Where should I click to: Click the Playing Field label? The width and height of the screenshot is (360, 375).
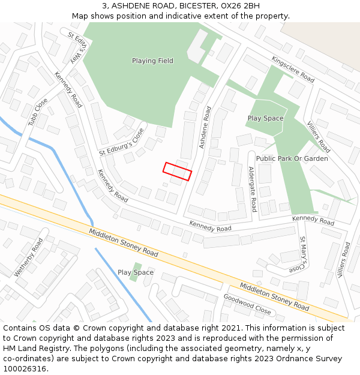point(152,61)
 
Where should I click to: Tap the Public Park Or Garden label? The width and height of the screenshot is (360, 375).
point(292,158)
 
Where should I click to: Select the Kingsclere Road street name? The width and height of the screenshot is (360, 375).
point(293,70)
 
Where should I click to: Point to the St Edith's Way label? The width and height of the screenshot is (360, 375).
point(82,49)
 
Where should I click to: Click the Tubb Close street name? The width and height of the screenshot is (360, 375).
point(38,112)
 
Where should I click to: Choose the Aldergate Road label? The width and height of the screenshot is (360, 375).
point(252,189)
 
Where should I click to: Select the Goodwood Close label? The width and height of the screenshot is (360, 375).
point(248,304)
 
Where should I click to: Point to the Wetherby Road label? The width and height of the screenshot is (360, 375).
point(29,257)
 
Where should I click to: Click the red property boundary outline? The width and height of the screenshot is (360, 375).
point(177,171)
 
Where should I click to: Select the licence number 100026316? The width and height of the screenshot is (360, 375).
point(25,369)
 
